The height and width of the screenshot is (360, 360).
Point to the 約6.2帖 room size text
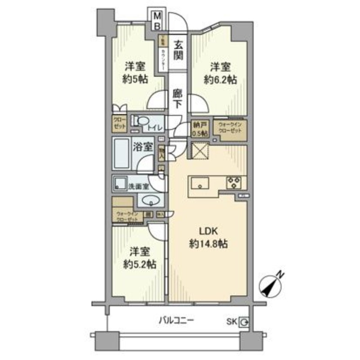(220, 81)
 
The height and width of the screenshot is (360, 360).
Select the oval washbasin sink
(150, 200)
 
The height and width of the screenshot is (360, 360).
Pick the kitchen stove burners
(234, 182)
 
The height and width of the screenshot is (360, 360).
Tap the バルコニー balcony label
(176, 321)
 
